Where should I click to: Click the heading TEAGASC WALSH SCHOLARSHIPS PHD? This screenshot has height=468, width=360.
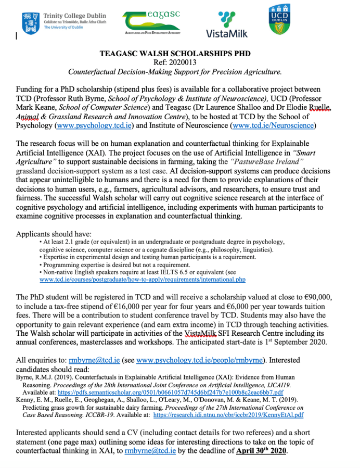(175, 54)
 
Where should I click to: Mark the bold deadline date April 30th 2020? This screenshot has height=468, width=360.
(261, 451)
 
